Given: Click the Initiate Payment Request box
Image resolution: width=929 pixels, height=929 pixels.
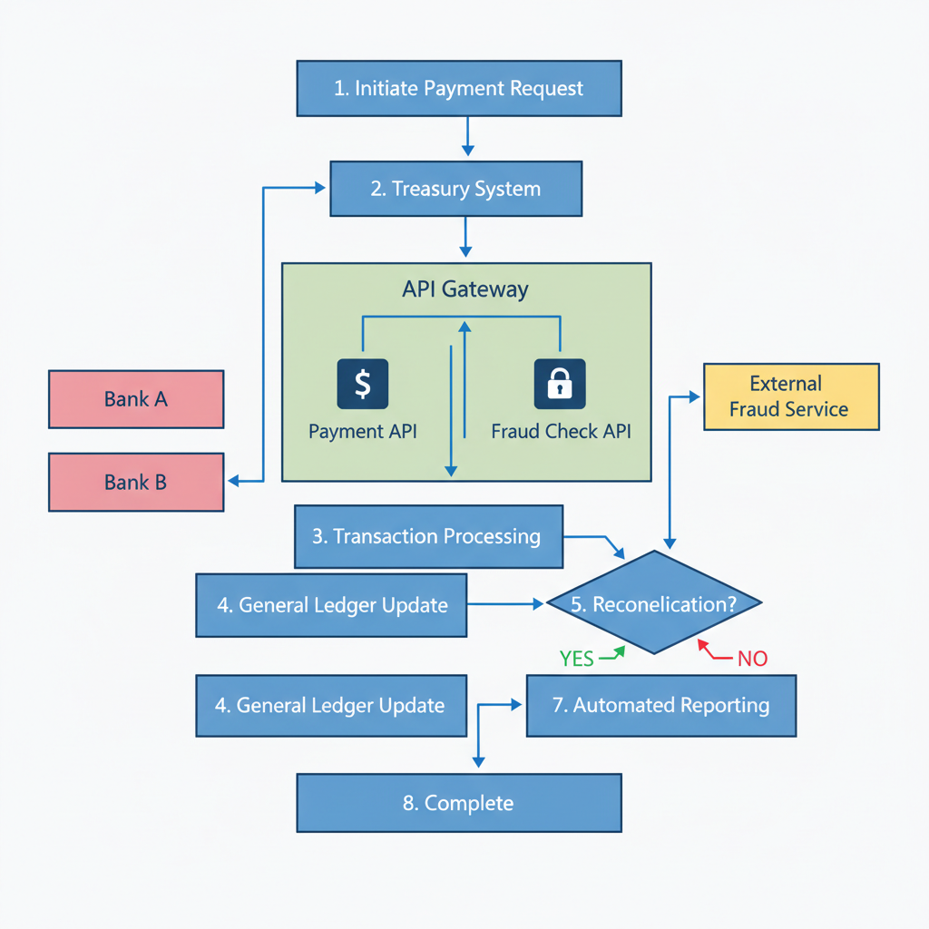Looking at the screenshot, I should coord(459,89).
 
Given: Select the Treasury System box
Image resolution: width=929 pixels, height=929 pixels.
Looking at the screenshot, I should coord(455,189).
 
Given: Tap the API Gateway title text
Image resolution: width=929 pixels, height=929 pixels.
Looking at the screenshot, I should coord(464,289).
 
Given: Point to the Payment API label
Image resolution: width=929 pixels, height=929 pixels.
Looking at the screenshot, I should coord(363,431).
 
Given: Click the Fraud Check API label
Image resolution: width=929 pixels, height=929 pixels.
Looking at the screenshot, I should coord(561,431).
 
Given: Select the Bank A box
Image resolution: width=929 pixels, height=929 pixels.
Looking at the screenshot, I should coord(136,399).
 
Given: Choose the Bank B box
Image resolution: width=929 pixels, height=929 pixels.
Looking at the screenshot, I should coord(136,483).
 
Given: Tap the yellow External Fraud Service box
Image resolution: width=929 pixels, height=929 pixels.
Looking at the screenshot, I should coord(791,396).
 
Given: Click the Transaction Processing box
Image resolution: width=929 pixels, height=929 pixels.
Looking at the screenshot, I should coord(428,536).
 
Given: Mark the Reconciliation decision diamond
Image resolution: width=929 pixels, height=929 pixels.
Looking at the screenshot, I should coord(653,603).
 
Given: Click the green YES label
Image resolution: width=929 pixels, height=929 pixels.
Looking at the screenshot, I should coord(577,659).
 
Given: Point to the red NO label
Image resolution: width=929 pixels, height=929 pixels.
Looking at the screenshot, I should coord(752,659).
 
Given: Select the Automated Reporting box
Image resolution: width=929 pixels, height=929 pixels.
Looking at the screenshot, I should coord(661,705).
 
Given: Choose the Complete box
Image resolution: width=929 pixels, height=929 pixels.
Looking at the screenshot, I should coord(459,803).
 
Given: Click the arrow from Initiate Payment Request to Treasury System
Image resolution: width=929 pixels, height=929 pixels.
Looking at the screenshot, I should coord(466,136).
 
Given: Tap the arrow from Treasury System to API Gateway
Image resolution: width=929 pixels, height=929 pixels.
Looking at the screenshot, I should coord(466,238).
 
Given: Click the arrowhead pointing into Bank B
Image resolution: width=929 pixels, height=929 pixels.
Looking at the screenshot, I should coord(233,481).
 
